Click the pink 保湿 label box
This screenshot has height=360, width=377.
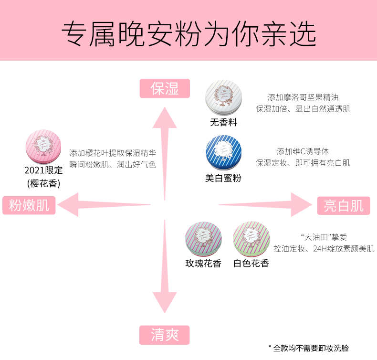165,88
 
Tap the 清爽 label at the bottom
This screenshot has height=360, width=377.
165,335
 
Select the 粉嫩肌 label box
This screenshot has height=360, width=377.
29,205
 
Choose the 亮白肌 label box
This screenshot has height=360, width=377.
344,205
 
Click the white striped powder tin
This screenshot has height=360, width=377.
223,98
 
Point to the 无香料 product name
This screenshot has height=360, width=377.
223,122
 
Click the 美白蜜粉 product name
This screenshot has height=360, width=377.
223,178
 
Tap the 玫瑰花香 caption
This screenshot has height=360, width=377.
204,263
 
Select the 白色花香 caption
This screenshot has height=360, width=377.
251,263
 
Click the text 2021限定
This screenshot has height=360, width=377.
43,170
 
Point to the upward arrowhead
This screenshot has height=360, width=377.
165,116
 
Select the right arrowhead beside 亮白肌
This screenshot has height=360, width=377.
301,205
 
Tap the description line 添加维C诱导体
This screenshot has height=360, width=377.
303,151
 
